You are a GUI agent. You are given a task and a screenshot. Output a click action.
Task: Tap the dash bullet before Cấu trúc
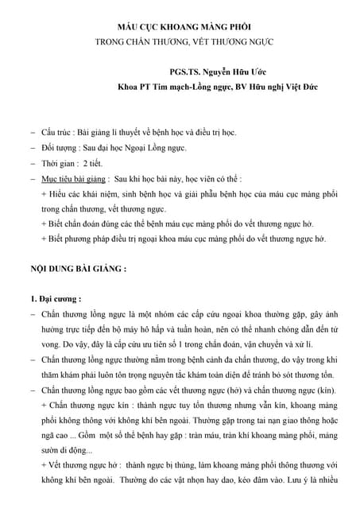coord(32,130)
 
